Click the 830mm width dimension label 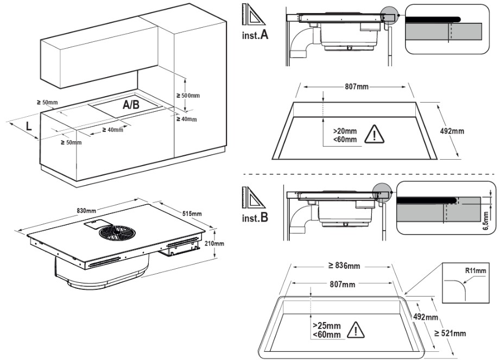[86, 211]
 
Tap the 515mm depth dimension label [192, 213]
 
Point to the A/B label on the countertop [131, 104]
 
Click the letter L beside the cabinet [29, 127]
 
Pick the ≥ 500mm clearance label [188, 96]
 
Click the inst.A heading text [255, 34]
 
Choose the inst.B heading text [255, 217]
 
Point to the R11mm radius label [476, 271]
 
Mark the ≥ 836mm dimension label [344, 266]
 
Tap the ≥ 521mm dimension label [450, 333]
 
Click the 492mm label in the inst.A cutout [452, 131]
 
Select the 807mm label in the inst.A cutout [357, 87]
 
